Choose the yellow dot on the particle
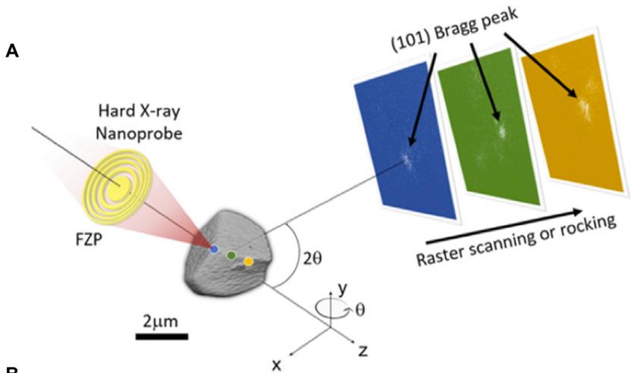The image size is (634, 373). (248, 262)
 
